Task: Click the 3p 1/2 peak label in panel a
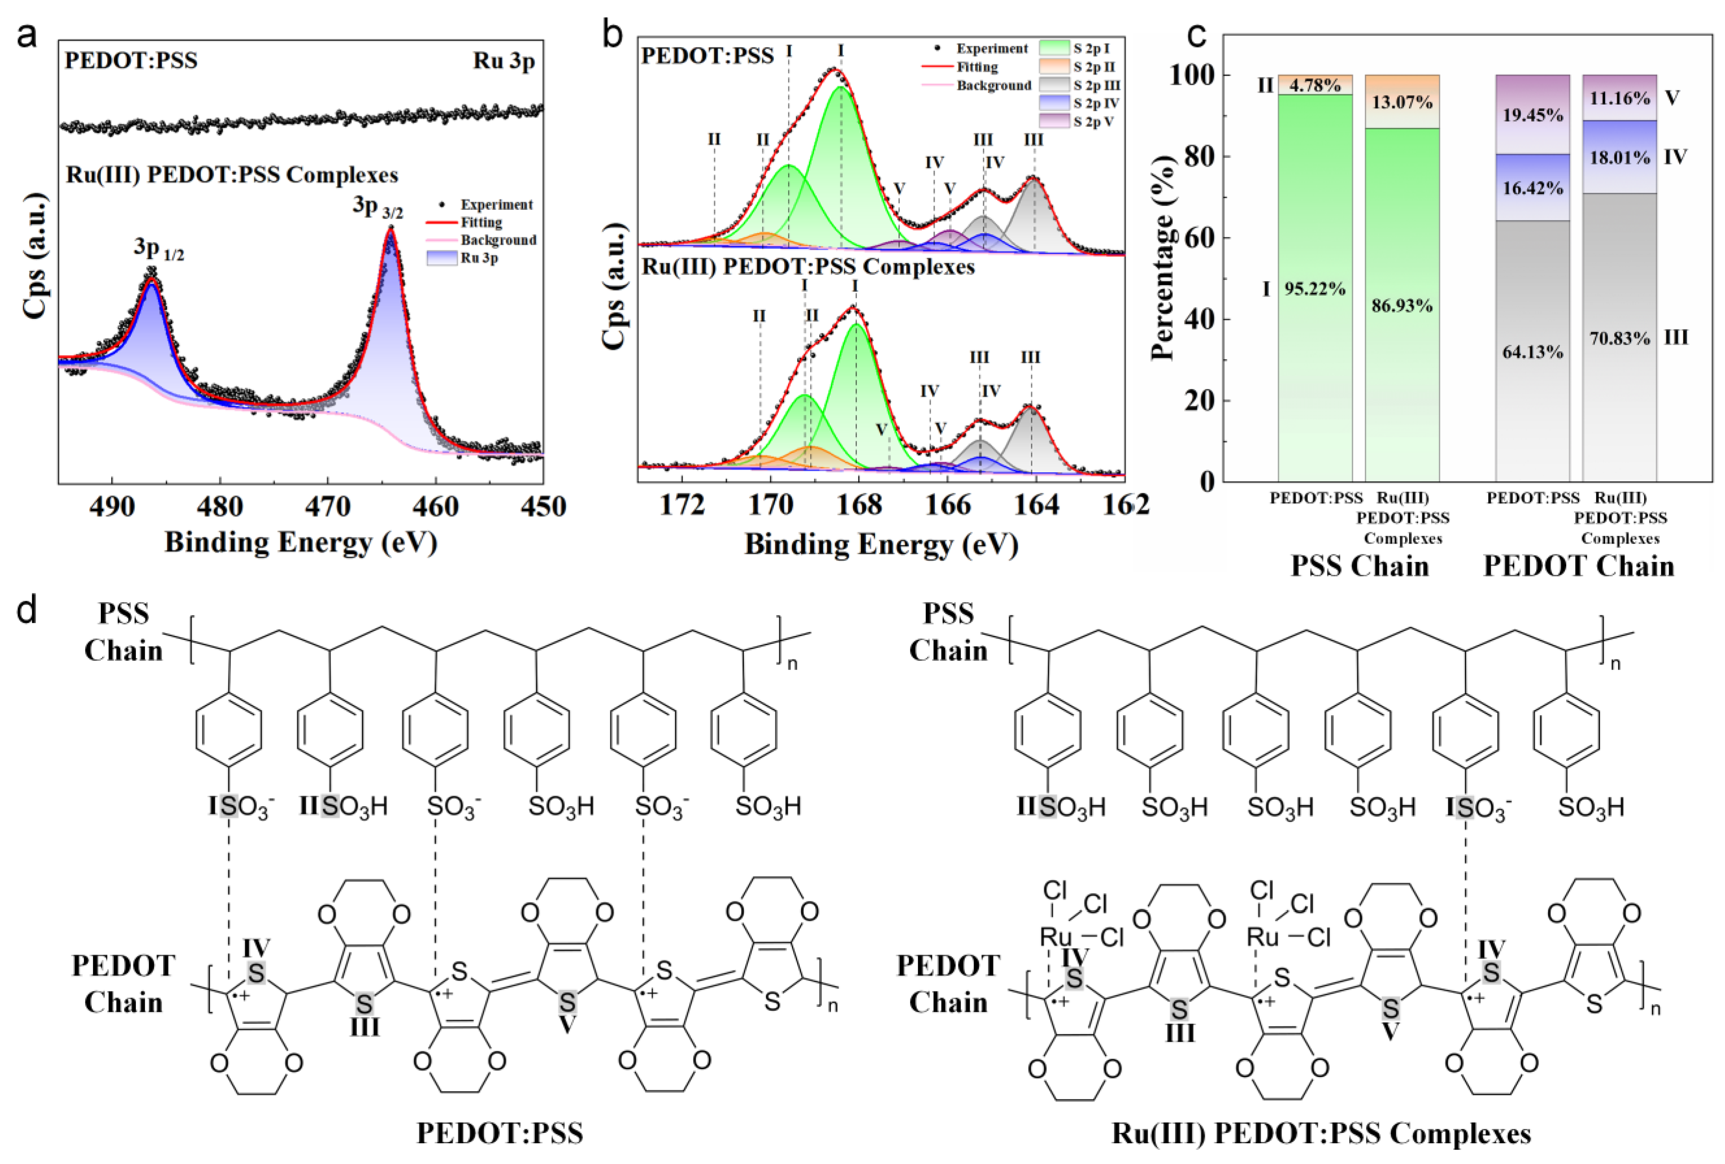point(158,249)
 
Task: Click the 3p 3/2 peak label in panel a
point(377,206)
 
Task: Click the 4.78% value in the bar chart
point(1315,85)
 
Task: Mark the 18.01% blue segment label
point(1619,158)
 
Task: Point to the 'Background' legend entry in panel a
point(497,240)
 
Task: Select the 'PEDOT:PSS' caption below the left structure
point(499,1134)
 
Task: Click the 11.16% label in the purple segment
point(1619,98)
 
